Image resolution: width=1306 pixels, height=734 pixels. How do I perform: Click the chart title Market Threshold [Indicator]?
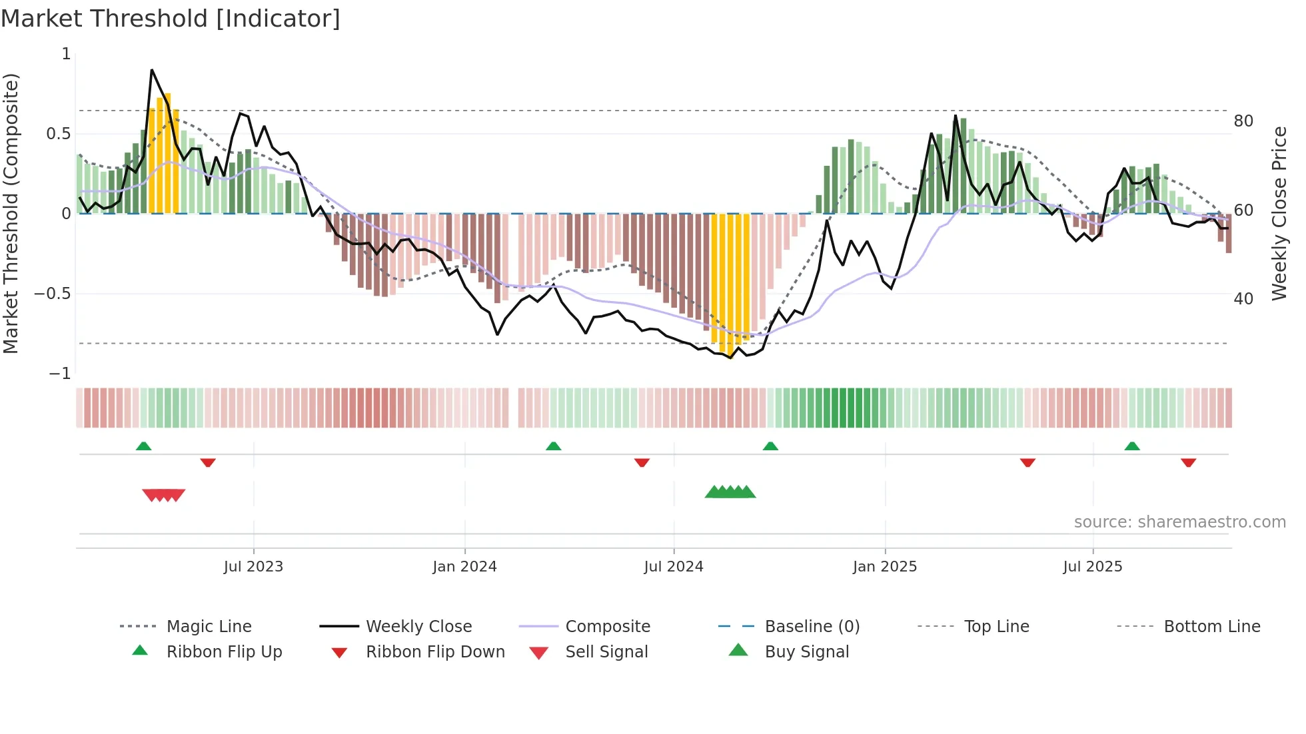(171, 19)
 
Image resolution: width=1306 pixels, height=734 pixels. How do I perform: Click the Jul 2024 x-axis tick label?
(673, 567)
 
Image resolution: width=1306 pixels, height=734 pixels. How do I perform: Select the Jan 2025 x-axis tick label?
(884, 567)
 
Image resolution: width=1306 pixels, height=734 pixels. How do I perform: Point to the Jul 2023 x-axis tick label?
(253, 567)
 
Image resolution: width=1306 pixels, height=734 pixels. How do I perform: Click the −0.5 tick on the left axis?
(53, 294)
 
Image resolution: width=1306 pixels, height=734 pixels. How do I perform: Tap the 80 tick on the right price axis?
(1243, 121)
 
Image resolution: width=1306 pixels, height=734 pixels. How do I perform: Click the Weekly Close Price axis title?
(1279, 213)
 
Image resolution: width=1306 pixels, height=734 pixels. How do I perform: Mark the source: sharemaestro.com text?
(1179, 522)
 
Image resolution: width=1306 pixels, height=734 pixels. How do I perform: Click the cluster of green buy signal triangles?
(730, 492)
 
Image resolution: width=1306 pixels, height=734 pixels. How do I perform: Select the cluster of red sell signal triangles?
(164, 495)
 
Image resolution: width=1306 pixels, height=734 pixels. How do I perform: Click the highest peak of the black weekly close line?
(152, 70)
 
